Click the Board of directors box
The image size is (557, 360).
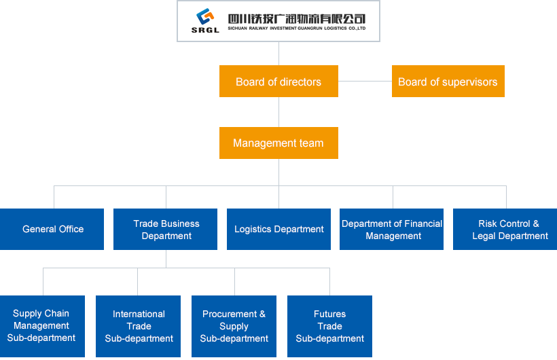point(278,82)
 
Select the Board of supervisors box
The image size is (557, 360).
point(448,82)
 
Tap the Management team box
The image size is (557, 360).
point(278,143)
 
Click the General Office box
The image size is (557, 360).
point(53,229)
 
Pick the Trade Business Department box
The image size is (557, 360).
point(166,229)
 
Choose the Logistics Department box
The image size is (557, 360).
point(279,229)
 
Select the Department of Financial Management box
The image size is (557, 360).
point(392,229)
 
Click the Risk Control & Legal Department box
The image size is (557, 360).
point(505,229)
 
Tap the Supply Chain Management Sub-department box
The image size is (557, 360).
point(42,326)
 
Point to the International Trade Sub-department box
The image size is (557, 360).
point(139,326)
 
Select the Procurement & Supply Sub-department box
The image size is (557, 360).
point(234,326)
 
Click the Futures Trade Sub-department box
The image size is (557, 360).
point(330,326)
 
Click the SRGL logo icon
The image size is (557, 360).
point(205,16)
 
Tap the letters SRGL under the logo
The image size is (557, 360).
point(205,30)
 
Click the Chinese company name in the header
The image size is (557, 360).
point(297,18)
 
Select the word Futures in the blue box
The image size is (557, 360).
point(330,314)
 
